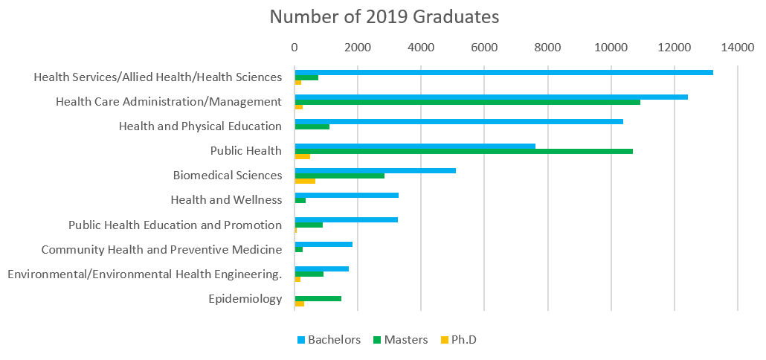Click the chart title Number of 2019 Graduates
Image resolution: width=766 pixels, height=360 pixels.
click(384, 16)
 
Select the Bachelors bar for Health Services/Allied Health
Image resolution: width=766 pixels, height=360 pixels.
click(503, 72)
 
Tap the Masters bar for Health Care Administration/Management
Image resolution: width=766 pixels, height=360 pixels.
click(467, 102)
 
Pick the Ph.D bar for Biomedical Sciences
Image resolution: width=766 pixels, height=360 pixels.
click(305, 181)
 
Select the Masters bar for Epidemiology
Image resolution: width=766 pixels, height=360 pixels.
click(318, 298)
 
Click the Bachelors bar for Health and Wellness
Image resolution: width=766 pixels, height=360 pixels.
click(347, 195)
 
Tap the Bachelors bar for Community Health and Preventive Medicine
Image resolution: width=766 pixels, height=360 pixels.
click(324, 244)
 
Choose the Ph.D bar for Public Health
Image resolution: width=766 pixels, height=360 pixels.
click(302, 156)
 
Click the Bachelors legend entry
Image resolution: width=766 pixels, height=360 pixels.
click(329, 340)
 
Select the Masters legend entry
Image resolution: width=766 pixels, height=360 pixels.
click(400, 340)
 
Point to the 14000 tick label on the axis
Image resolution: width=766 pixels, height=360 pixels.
click(737, 48)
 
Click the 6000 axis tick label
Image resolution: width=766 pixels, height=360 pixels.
click(484, 48)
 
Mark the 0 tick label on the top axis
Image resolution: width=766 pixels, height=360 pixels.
click(295, 48)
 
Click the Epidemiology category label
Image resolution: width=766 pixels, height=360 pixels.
click(245, 299)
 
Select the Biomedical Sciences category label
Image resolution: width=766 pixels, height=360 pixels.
click(227, 176)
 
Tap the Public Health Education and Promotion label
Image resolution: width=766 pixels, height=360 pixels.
click(175, 225)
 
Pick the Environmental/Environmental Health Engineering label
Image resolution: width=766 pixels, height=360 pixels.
click(144, 274)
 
